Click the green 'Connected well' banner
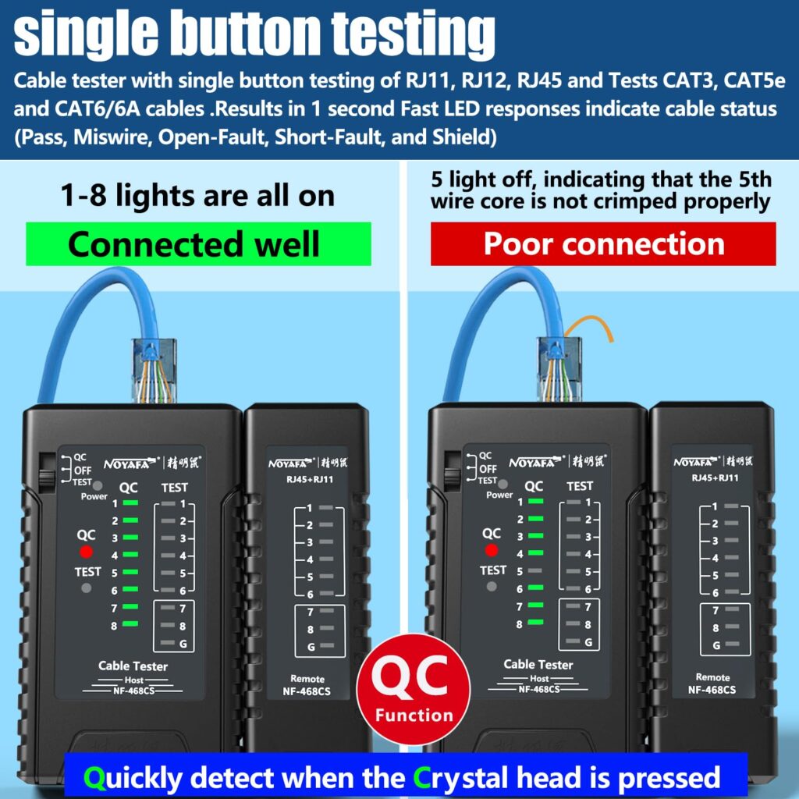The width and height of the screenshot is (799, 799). click(x=198, y=243)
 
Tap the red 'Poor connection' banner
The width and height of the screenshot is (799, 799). click(x=603, y=243)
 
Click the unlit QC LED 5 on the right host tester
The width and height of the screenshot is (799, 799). click(x=534, y=571)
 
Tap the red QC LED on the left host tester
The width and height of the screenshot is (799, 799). click(x=86, y=552)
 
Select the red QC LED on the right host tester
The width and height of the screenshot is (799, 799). click(x=492, y=551)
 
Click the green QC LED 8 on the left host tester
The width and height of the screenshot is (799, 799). click(x=130, y=624)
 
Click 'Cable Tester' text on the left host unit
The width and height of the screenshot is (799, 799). click(x=133, y=666)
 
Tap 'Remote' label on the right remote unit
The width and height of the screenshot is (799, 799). click(x=713, y=677)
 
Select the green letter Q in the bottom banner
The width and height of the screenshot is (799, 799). click(x=94, y=777)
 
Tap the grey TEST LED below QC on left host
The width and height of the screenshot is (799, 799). click(x=86, y=588)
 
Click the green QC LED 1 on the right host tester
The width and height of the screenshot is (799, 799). click(x=534, y=501)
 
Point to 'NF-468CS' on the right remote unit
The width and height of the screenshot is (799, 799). click(x=713, y=690)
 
